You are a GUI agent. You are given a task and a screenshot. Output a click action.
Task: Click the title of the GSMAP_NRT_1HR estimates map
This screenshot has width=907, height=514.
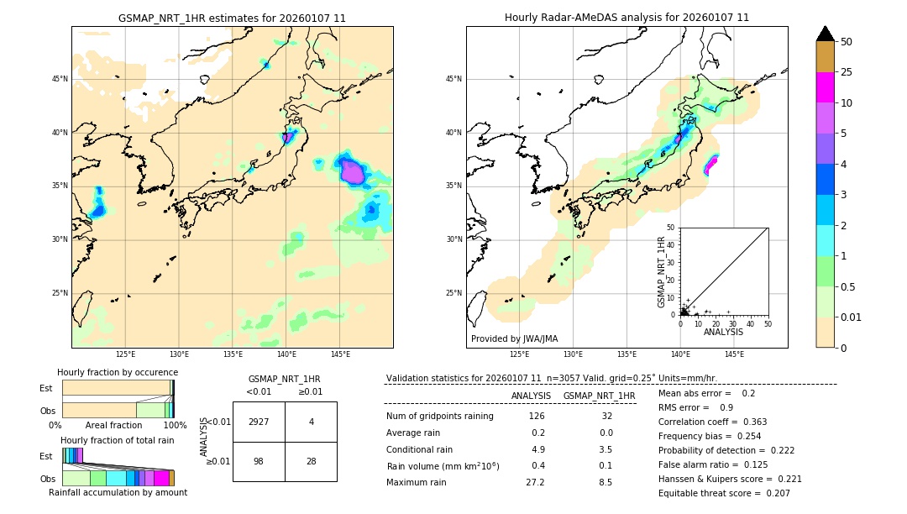click(232, 18)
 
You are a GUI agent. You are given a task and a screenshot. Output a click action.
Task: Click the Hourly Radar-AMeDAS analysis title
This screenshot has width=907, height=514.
click(627, 18)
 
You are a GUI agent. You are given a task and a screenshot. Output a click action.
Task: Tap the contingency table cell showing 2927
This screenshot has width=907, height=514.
click(259, 422)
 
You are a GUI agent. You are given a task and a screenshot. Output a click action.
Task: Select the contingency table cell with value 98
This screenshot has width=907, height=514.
click(259, 462)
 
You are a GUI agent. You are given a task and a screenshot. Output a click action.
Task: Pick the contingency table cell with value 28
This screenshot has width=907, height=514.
click(311, 462)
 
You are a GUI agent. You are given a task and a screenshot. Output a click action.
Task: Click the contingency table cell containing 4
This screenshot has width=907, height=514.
click(311, 422)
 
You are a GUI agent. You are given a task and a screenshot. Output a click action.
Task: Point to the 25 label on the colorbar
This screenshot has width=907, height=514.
click(847, 72)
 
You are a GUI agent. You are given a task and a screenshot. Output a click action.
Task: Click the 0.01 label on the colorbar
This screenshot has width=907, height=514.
click(852, 317)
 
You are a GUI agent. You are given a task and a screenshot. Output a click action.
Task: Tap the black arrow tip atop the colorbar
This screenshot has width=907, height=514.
click(826, 33)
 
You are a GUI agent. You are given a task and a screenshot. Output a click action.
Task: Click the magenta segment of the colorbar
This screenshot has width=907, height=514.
click(826, 87)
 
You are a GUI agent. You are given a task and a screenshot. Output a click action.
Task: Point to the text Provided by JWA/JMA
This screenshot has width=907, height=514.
click(514, 338)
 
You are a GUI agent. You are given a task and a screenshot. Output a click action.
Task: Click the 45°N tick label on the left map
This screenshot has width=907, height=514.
click(60, 79)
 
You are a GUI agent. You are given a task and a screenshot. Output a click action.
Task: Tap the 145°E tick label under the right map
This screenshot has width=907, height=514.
click(734, 354)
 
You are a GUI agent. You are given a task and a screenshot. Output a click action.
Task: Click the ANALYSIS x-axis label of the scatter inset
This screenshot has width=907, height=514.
click(723, 332)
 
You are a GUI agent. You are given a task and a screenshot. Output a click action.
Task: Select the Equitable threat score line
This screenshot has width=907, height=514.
click(724, 493)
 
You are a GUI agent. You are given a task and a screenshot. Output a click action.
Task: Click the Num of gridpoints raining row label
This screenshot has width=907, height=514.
click(439, 417)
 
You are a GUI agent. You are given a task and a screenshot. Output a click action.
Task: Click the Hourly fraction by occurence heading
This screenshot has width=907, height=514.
click(118, 372)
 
